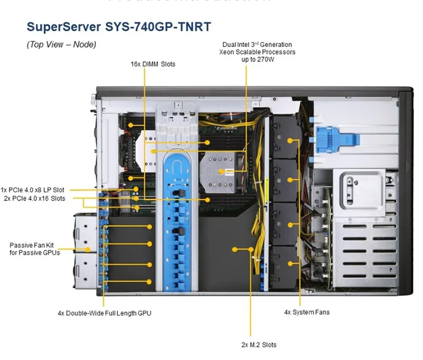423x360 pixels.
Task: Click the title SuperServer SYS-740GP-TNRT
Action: pos(118,26)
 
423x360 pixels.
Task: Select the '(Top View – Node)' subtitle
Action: pos(61,45)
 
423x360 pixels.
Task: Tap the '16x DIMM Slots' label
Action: pos(153,64)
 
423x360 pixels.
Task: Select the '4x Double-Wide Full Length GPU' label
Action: pos(105,313)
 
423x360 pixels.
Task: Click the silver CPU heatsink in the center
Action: pos(222,170)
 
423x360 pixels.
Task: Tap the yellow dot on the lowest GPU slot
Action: pos(150,282)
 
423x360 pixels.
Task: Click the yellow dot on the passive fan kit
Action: pos(87,249)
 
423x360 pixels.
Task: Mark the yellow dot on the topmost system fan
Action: pos(291,141)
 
